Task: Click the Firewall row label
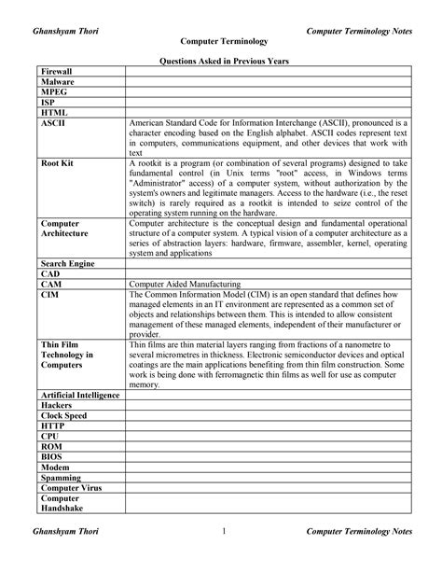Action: (x=58, y=72)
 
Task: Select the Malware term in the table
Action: (x=58, y=83)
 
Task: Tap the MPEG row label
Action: (x=54, y=94)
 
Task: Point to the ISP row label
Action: (x=48, y=105)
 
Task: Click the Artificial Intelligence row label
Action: (x=81, y=396)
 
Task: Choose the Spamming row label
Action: (x=62, y=478)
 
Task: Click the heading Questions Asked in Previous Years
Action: (x=221, y=60)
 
